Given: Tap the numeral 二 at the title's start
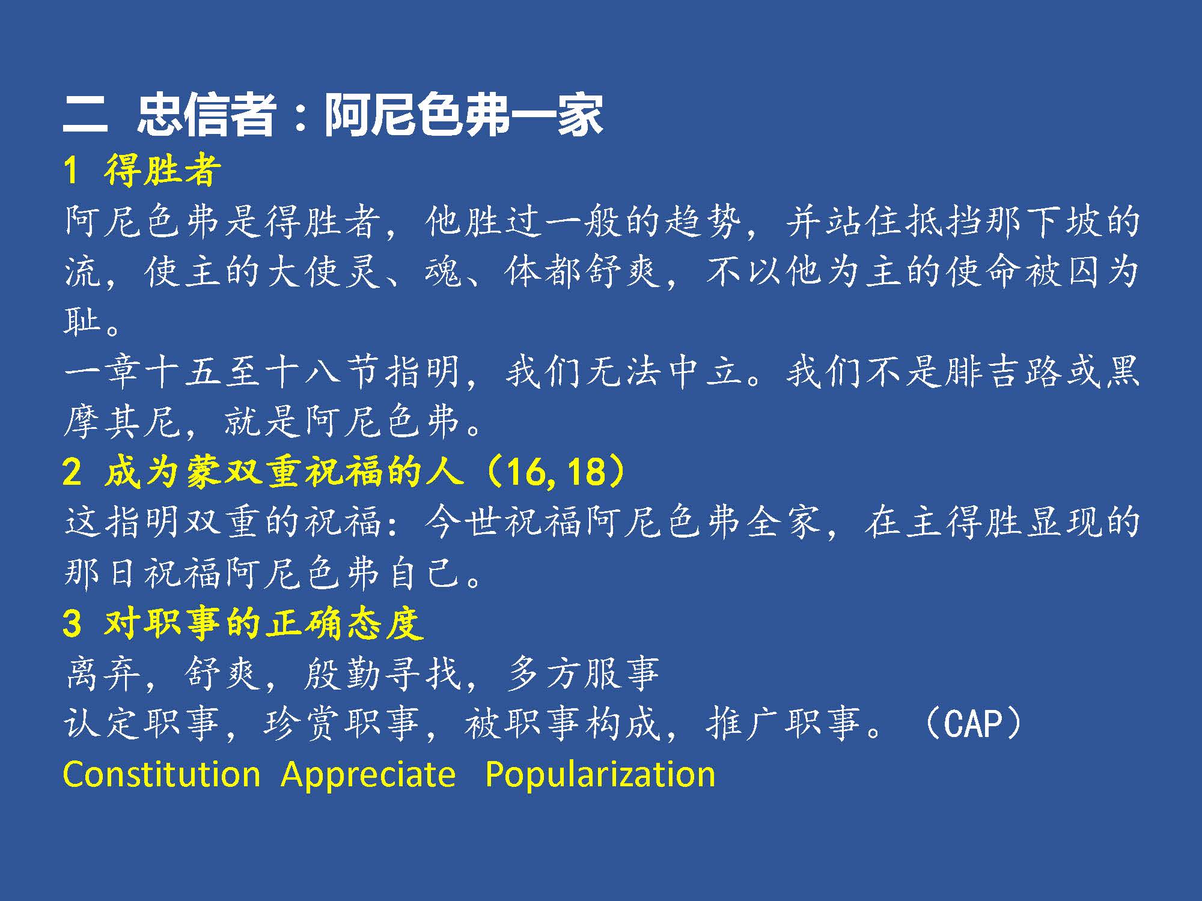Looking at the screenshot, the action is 85,115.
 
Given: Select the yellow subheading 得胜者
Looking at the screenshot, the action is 163,170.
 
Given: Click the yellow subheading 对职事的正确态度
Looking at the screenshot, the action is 264,623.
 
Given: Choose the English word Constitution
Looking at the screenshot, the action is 162,774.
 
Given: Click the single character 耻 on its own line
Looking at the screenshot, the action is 82,321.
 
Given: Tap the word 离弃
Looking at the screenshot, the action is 102,673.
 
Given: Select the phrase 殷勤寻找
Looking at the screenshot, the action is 382,673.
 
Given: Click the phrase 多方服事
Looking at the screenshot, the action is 582,673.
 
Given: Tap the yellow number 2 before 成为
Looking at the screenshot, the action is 72,472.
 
